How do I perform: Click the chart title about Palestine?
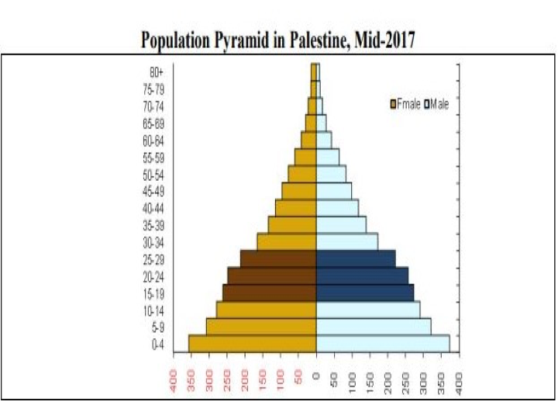tap(277, 40)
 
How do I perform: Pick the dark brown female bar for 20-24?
tap(271, 276)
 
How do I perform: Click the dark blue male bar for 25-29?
tap(356, 259)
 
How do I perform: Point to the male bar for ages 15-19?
tap(364, 293)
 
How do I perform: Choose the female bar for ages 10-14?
tap(266, 310)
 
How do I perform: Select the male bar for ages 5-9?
tap(373, 327)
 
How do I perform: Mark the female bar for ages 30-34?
tap(287, 242)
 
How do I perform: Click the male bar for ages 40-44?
tap(337, 208)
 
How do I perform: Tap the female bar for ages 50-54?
tap(302, 174)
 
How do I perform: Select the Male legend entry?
tap(436, 104)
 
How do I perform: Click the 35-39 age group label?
tap(153, 225)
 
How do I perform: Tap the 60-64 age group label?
tap(153, 140)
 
